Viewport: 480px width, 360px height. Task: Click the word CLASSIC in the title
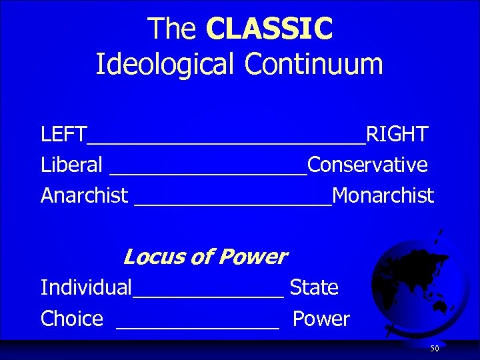269,29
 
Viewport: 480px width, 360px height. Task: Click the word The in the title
172,29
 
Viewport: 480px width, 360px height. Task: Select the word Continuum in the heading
313,64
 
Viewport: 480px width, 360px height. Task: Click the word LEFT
63,134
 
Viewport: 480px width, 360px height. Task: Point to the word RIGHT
397,134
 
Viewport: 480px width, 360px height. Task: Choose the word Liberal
71,165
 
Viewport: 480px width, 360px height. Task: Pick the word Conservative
367,165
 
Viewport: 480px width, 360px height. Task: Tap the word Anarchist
84,195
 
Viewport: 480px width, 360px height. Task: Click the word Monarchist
383,195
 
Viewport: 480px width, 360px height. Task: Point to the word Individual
86,288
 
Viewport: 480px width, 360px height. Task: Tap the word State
314,288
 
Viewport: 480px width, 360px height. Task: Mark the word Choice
72,319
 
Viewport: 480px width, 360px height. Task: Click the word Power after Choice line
321,319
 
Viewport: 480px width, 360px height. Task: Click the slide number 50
434,349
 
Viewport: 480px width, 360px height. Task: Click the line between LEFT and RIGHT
226,141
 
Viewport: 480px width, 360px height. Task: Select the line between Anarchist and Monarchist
233,203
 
